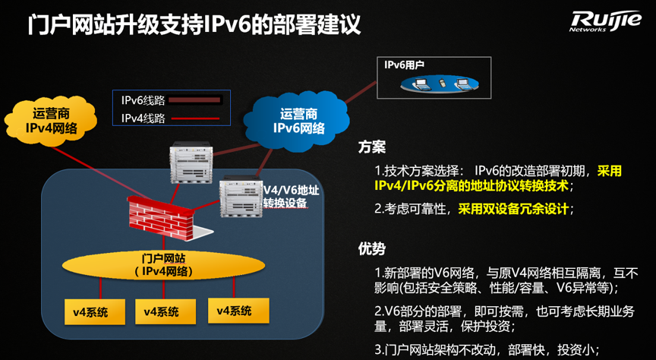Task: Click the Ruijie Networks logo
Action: [604, 21]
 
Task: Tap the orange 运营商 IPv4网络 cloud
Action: [51, 121]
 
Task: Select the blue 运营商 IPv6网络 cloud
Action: [298, 122]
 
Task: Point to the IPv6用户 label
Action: [404, 65]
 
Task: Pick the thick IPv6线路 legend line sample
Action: [194, 100]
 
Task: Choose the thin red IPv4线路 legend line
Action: [195, 119]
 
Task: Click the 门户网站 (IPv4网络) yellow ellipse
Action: [163, 265]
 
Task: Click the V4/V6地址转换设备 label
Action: [292, 196]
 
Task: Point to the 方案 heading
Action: [372, 147]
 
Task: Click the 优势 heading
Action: [372, 248]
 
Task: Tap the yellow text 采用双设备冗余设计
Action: [513, 208]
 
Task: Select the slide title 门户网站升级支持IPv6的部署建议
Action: [194, 25]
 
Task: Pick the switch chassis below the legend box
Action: [191, 163]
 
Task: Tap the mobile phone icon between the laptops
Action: [442, 83]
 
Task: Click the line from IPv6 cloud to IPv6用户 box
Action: [361, 92]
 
